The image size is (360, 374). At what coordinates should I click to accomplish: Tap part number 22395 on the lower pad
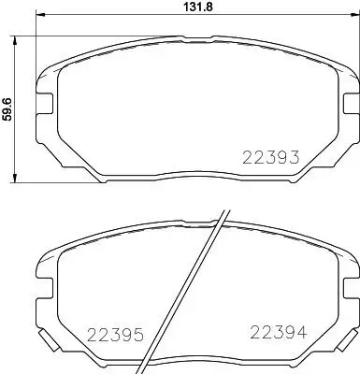point(114,334)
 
